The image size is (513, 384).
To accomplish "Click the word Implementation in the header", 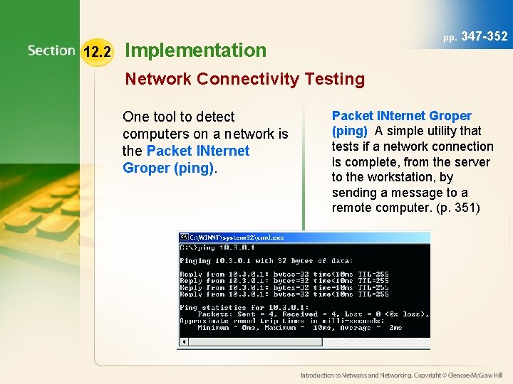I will pyautogui.click(x=195, y=50).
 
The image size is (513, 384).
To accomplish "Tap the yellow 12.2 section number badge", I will pyautogui.click(x=97, y=51).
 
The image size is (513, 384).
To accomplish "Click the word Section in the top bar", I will pyautogui.click(x=51, y=50).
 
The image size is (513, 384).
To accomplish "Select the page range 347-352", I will pyautogui.click(x=484, y=36).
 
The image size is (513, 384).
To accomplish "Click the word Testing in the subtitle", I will pyautogui.click(x=334, y=79).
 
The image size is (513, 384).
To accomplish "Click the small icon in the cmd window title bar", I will pyautogui.click(x=183, y=237).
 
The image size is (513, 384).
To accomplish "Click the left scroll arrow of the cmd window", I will pyautogui.click(x=182, y=342).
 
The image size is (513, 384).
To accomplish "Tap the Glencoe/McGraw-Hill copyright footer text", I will pyautogui.click(x=401, y=375).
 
